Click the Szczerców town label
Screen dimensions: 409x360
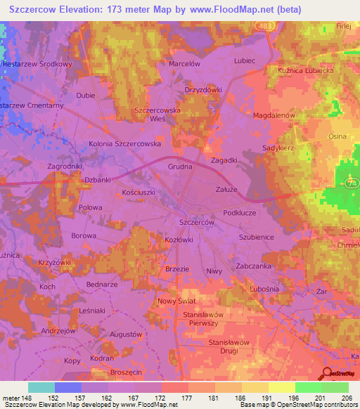coord(197,221)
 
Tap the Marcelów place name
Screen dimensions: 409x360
coord(185,63)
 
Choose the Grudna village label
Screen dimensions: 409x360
coord(181,167)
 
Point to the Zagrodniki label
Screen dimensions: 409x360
coord(46,166)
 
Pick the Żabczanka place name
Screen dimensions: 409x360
coord(254,266)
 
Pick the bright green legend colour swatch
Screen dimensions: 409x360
coord(309,387)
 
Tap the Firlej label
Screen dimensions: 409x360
coord(343,25)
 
